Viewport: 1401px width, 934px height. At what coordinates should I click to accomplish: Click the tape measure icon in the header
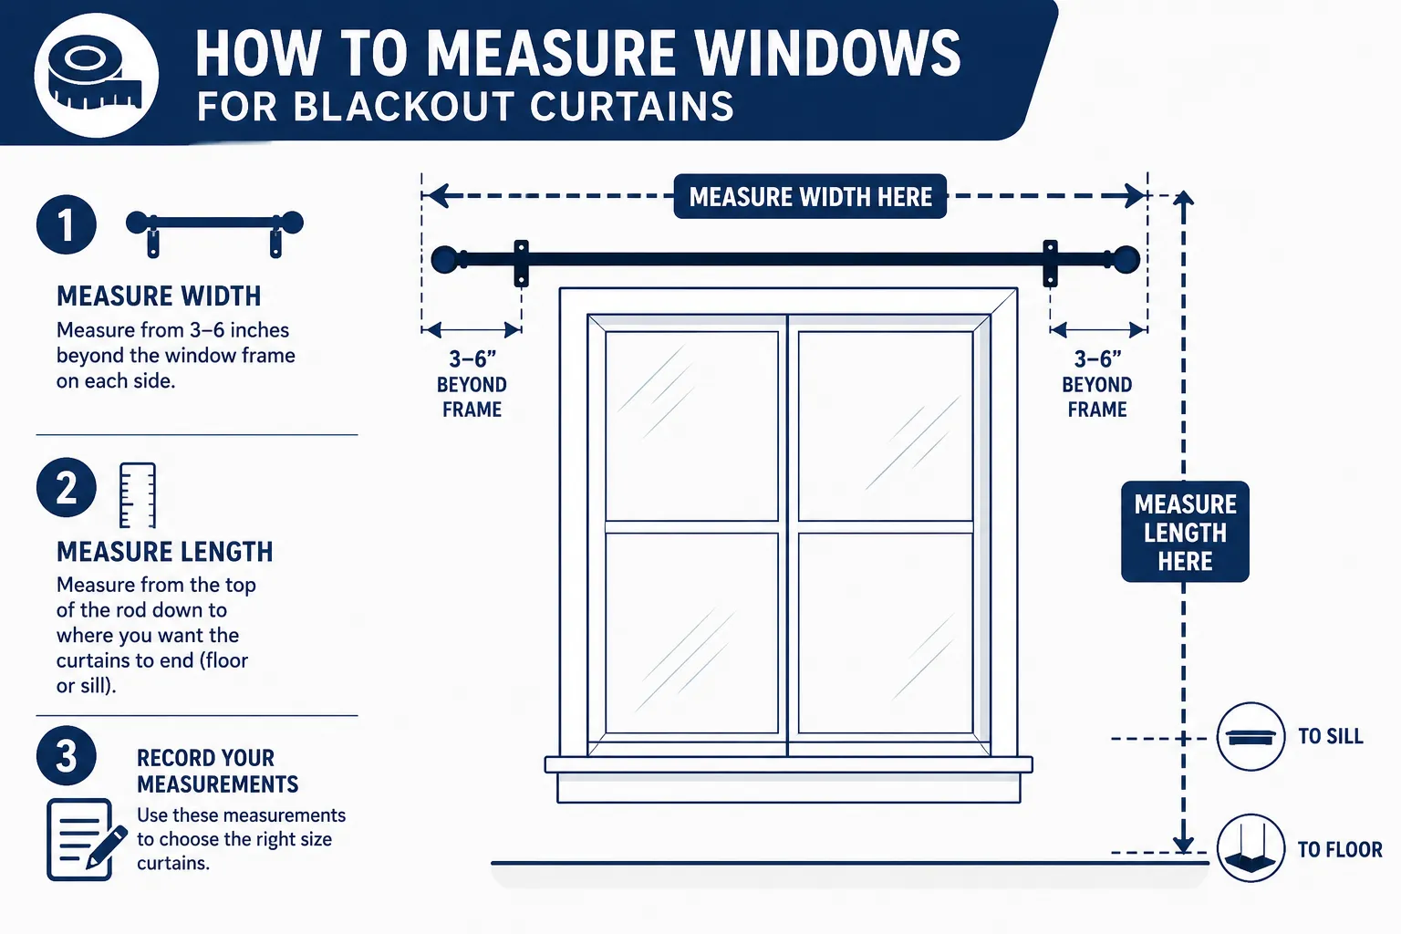pyautogui.click(x=96, y=75)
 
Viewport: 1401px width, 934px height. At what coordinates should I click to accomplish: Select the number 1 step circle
pyautogui.click(x=67, y=224)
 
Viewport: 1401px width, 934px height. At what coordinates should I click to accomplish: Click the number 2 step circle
pyautogui.click(x=67, y=487)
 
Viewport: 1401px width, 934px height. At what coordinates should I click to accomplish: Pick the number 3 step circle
pyautogui.click(x=67, y=756)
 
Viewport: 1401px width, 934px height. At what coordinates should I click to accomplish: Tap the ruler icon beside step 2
pyautogui.click(x=138, y=495)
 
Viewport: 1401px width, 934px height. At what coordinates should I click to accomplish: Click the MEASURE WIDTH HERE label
pyautogui.click(x=810, y=196)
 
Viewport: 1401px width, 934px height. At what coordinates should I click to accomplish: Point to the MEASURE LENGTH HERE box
pyautogui.click(x=1185, y=532)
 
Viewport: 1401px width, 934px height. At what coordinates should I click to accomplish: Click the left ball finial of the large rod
pyautogui.click(x=445, y=260)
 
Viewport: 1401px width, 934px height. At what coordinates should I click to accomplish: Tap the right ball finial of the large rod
pyautogui.click(x=1126, y=260)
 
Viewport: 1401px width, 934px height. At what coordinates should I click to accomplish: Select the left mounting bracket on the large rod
pyautogui.click(x=521, y=264)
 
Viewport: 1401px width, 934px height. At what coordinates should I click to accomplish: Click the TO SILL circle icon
pyautogui.click(x=1251, y=736)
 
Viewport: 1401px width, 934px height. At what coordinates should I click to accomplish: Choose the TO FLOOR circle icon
pyautogui.click(x=1251, y=848)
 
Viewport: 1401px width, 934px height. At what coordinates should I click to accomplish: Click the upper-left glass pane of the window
pyautogui.click(x=691, y=425)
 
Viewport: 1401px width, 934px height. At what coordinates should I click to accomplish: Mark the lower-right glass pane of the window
pyautogui.click(x=886, y=633)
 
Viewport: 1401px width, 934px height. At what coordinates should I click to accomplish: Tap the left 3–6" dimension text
pyautogui.click(x=472, y=359)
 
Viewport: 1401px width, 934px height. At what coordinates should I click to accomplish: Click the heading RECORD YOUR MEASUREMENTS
pyautogui.click(x=218, y=771)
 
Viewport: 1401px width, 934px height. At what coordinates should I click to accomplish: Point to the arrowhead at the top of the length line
pyautogui.click(x=1183, y=198)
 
